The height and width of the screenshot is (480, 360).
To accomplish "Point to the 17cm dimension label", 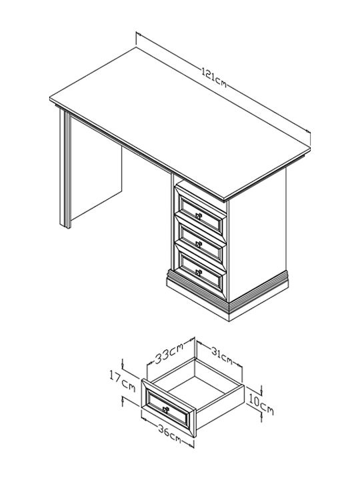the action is point(122,381).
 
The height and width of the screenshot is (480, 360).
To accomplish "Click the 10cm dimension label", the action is point(261,405).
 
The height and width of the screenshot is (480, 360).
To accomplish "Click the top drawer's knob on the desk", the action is point(199,216).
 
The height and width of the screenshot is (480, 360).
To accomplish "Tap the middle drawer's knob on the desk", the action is point(199,244).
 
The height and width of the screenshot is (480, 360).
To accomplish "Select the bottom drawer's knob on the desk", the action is point(199,272).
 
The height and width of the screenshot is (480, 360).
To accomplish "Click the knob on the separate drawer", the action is point(165,409).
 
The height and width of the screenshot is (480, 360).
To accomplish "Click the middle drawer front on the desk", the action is point(201,242).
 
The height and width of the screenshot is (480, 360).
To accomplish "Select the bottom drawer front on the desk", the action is point(201,271).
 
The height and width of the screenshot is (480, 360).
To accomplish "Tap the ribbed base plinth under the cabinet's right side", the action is point(259,295).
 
